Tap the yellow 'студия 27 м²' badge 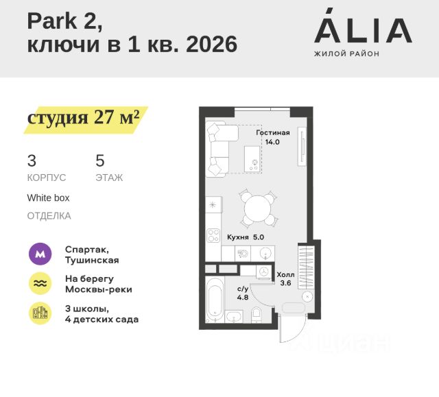point(84,117)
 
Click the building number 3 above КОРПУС point(32,161)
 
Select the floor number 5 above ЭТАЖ point(100,161)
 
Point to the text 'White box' point(48,197)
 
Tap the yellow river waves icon point(40,284)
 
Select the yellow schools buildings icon point(40,313)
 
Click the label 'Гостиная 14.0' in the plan point(273,138)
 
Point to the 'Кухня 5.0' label point(246,237)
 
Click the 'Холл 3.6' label point(285,278)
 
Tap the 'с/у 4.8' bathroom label point(243,294)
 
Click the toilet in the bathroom point(257,314)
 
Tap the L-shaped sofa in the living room point(217,148)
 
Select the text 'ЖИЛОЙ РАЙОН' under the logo point(346,53)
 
